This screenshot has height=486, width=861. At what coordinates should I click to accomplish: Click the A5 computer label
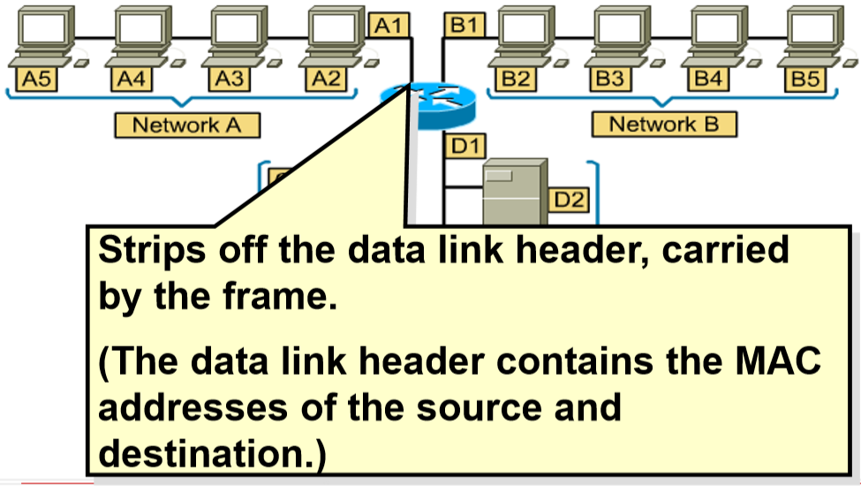[37, 80]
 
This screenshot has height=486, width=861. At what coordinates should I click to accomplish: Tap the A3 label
[230, 80]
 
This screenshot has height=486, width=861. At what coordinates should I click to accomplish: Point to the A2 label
[327, 80]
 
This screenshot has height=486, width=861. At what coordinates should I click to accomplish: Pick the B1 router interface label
[463, 26]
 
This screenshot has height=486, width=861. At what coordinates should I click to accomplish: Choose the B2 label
[515, 80]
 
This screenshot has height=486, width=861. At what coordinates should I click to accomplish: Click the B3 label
[611, 80]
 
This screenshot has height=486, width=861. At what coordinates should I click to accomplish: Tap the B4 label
[707, 80]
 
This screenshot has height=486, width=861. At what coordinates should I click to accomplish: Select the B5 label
[804, 80]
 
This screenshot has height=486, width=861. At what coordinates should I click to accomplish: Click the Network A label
[186, 125]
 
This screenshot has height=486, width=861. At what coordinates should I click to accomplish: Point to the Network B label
[664, 125]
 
